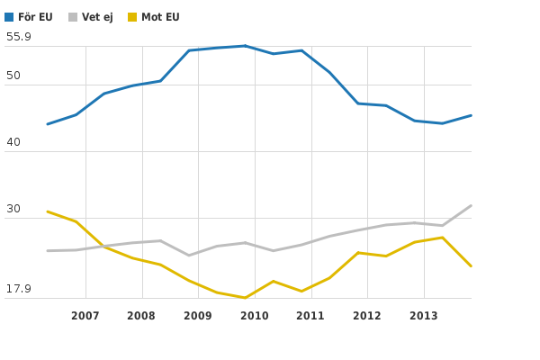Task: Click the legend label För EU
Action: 36,17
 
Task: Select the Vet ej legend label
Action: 97,17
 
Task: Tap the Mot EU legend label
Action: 160,17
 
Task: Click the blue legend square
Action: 9,17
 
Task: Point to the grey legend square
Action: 73,17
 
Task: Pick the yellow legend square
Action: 132,17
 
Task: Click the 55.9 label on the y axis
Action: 19,37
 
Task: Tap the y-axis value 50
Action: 13,76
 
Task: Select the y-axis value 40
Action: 13,142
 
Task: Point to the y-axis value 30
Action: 13,209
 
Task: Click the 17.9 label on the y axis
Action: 19,289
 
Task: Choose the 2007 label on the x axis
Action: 85,316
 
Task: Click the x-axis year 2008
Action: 141,316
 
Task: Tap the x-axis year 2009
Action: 198,316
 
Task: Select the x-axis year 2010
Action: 254,316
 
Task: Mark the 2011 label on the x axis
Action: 310,316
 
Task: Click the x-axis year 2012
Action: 367,316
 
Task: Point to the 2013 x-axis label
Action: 423,316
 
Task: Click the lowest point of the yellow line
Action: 246,297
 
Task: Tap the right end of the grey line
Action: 471,205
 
